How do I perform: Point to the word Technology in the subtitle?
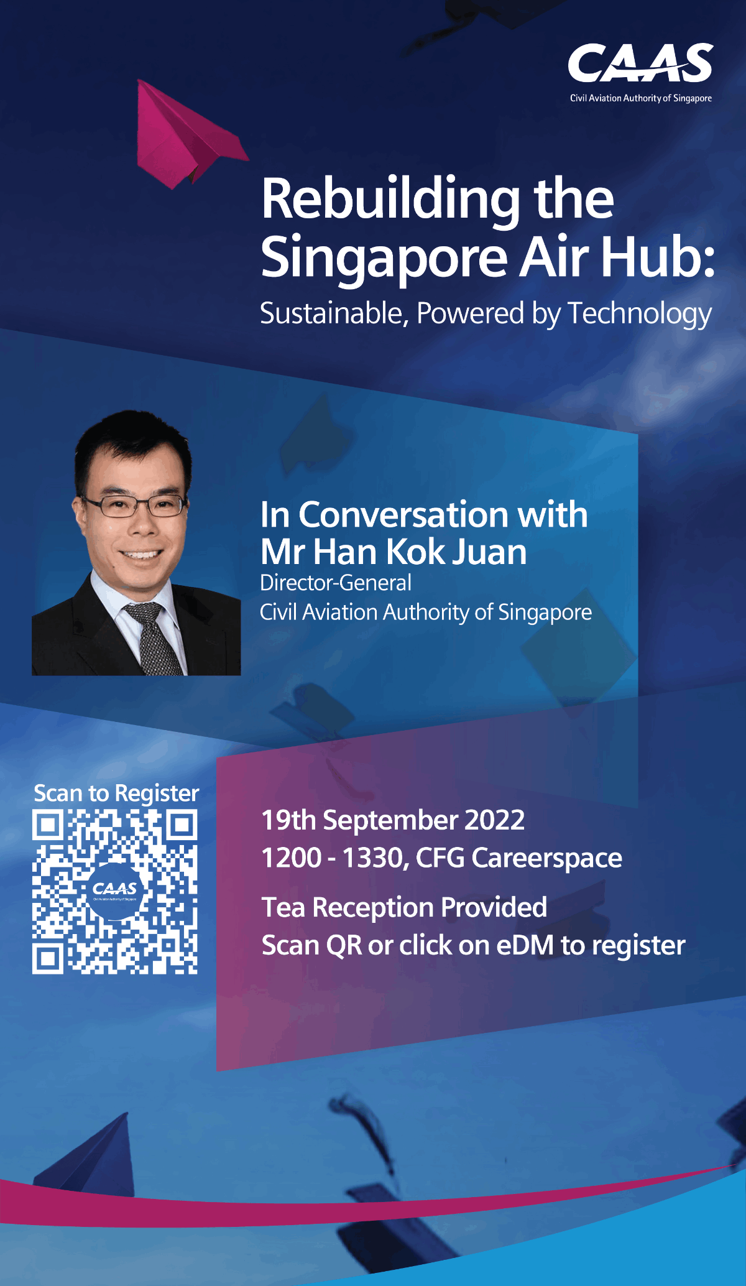[640, 314]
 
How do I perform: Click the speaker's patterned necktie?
[152, 641]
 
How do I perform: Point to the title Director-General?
[336, 583]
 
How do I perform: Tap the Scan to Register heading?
[116, 793]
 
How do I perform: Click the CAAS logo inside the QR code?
[115, 890]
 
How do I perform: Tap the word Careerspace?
[546, 859]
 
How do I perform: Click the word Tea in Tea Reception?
[283, 908]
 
